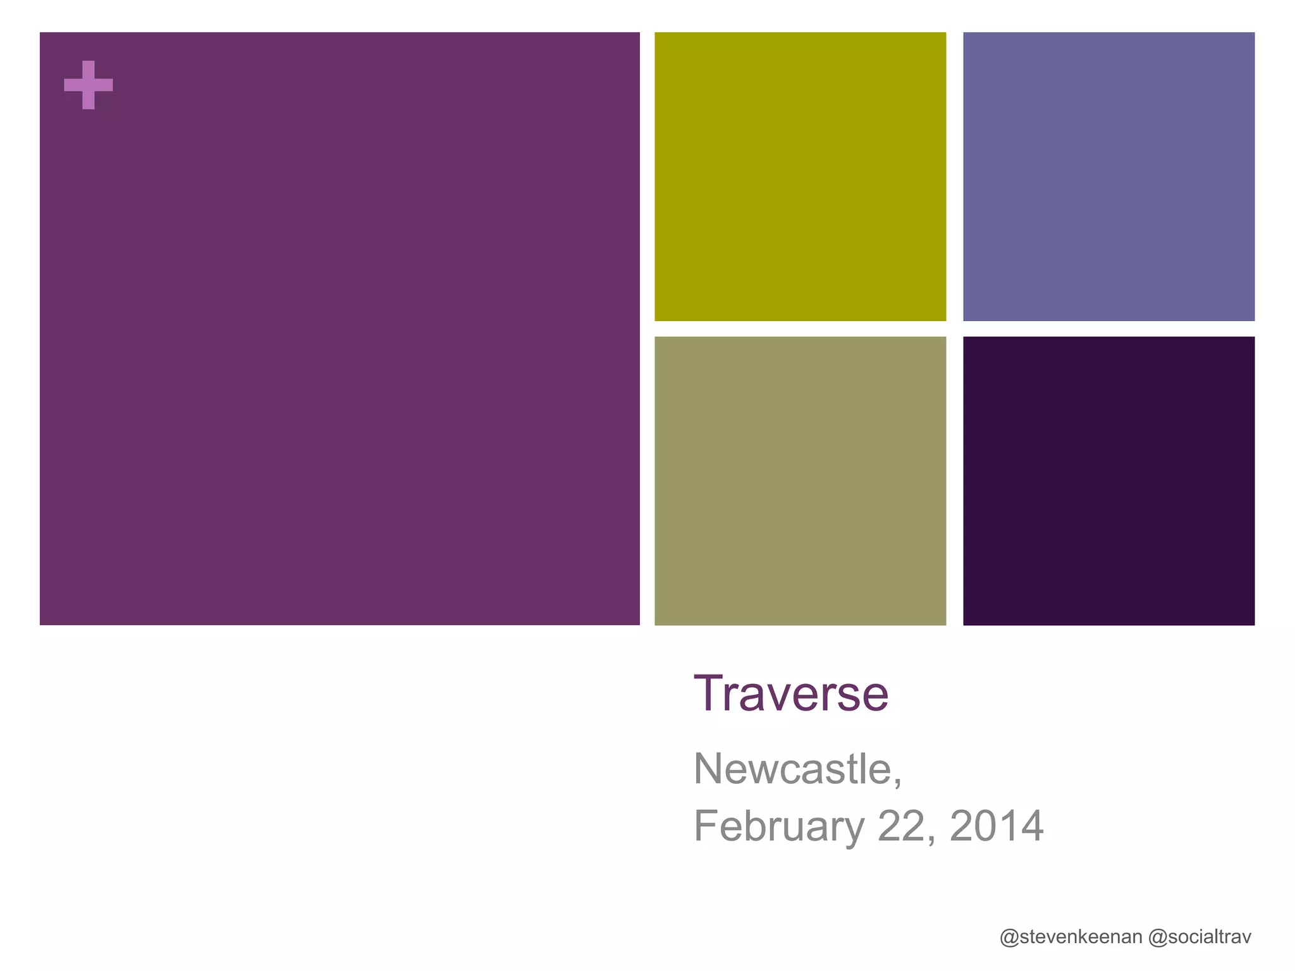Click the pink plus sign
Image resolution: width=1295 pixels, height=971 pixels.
pos(89,85)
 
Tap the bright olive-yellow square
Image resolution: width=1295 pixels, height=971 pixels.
pos(800,176)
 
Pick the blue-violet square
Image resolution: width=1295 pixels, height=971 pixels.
pos(1108,176)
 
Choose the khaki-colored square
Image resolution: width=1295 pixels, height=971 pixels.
pos(800,480)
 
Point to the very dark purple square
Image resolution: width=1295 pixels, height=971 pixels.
pos(1108,480)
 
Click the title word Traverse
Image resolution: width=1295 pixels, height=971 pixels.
pos(791,694)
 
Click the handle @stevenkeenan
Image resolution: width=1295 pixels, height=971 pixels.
pos(1071,937)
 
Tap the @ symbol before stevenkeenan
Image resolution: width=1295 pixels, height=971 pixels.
pos(1009,937)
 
